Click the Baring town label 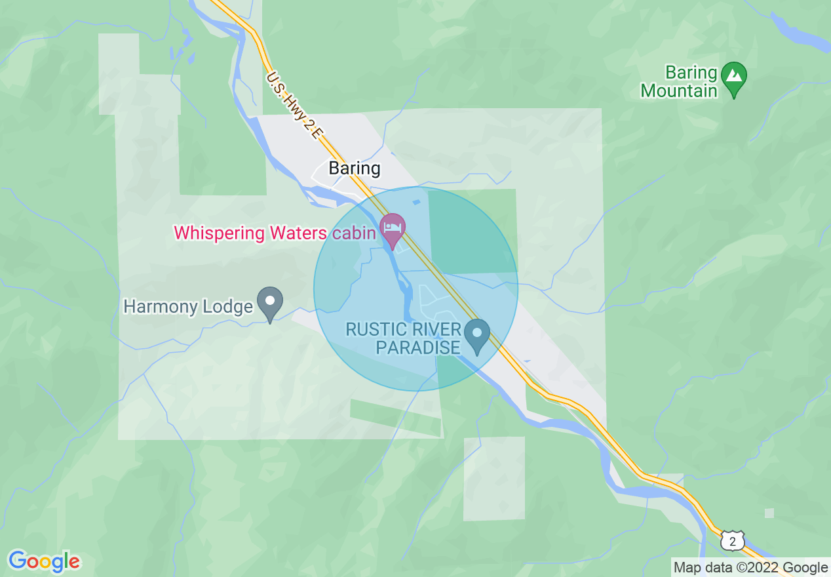coord(354,169)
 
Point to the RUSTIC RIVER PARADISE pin coord(476,335)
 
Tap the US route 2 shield coord(731,541)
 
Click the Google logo coord(44,561)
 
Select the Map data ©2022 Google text coord(751,568)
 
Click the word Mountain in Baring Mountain coord(679,90)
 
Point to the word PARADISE coord(418,347)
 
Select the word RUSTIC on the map coord(372,329)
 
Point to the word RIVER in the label coord(423,329)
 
